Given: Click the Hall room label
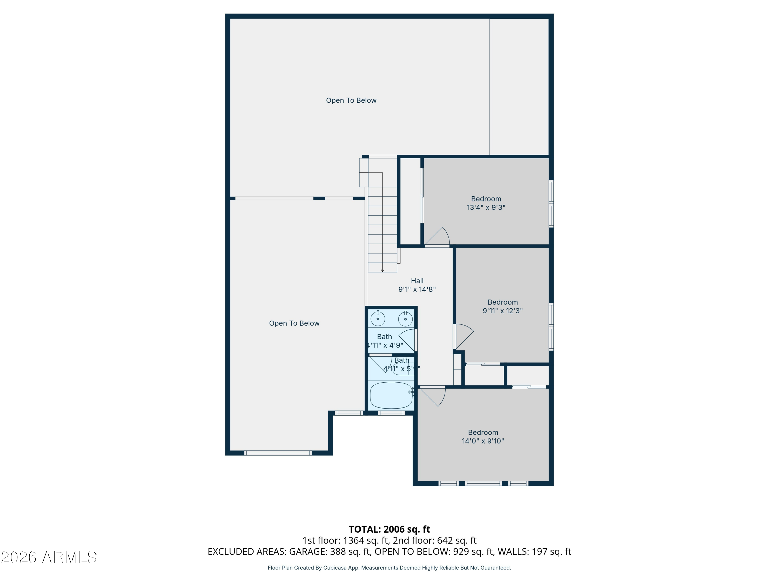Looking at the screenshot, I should coord(417,281).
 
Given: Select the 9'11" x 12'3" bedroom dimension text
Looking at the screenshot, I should coord(502,310).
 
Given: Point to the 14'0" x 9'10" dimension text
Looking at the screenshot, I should coord(482,441).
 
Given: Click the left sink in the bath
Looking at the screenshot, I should coord(378,318).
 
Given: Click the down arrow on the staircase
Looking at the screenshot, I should coord(382,270).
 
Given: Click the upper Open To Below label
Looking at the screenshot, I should coord(351,100).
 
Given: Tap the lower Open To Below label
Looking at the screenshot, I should coord(294,323).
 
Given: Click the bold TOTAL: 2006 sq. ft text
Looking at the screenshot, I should coord(389,529).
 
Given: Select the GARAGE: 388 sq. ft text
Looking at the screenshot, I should coord(330,552).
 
